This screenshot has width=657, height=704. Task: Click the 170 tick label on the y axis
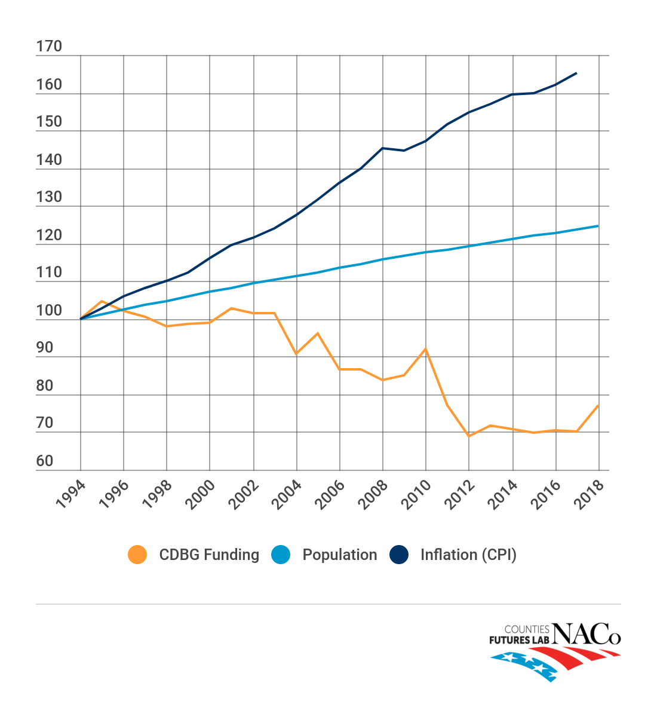point(49,47)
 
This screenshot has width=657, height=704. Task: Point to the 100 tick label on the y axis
point(49,310)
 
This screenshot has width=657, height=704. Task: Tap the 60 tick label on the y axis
point(45,461)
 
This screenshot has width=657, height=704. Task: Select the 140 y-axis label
point(49,160)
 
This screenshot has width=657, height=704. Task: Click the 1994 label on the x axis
point(70,494)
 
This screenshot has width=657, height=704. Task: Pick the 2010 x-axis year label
point(416,494)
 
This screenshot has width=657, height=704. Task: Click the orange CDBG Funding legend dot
point(137,555)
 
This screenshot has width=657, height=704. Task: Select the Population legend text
point(339,555)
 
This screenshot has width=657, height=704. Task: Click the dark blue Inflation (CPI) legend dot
point(399,555)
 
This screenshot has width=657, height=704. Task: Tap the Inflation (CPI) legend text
point(468,555)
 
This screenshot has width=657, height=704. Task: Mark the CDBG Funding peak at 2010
point(426,348)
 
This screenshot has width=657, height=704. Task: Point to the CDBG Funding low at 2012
point(469,436)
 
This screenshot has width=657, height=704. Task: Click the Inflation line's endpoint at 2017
point(576,73)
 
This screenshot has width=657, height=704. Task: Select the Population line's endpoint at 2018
point(598,226)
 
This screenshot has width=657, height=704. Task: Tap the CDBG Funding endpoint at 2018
point(598,405)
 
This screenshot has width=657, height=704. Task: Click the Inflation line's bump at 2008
point(383,148)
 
